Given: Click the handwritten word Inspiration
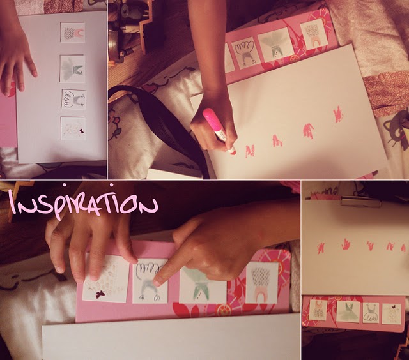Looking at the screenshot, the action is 84,203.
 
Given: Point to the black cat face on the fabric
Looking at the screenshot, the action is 399,130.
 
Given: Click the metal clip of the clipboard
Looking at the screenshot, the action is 360,202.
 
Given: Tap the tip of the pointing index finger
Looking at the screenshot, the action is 157,282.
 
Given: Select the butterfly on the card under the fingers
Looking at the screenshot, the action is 100,294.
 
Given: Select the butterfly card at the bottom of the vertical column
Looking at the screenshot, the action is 73,128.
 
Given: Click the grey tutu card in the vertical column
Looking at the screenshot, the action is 73,69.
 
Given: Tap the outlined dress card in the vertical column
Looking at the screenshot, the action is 74,99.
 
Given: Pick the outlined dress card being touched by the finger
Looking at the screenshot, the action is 150,281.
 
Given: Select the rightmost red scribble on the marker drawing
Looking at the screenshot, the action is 338,114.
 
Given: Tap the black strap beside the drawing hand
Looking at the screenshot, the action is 167,123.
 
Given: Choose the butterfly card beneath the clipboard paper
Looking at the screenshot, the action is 392,313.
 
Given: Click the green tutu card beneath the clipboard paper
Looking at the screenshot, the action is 348,311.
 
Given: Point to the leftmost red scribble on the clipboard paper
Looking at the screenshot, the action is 321,246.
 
